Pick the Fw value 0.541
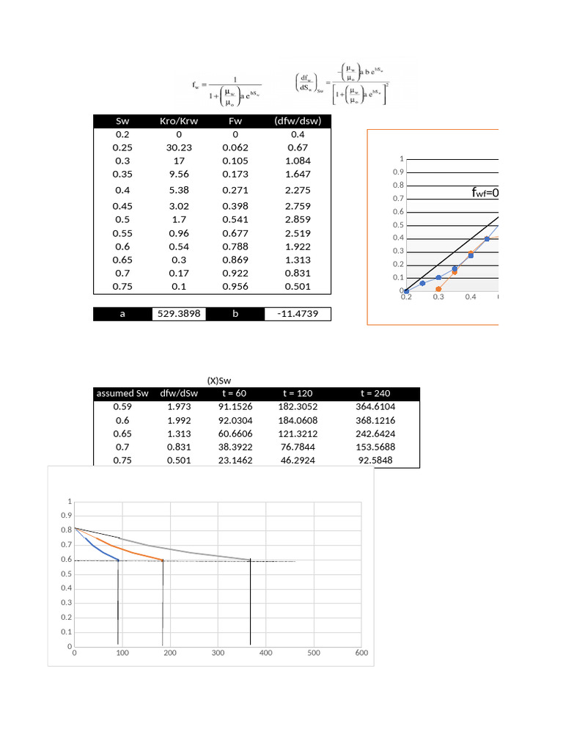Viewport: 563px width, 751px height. point(236,220)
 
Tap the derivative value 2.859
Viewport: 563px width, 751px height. point(297,220)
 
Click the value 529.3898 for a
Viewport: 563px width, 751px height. point(180,314)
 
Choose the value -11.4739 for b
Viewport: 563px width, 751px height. point(297,314)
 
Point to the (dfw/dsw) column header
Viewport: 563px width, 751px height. point(297,121)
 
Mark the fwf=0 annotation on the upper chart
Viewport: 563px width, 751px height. point(485,194)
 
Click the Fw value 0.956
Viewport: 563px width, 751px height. point(236,286)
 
